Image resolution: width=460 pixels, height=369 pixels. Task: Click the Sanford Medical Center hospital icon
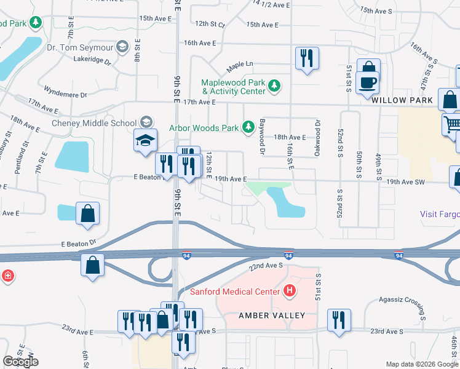pyautogui.click(x=290, y=291)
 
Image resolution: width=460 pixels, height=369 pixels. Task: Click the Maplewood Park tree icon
pyautogui.click(x=275, y=87)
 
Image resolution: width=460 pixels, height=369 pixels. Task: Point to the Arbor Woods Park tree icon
pyautogui.click(x=248, y=128)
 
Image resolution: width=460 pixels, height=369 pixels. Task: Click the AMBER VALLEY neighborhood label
pyautogui.click(x=272, y=315)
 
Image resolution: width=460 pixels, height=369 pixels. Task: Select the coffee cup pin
pyautogui.click(x=367, y=82)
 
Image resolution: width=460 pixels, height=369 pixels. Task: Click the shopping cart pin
pyautogui.click(x=452, y=124)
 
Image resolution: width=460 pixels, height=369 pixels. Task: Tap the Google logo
pyautogui.click(x=20, y=362)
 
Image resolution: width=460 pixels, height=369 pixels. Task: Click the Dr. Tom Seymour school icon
pyautogui.click(x=122, y=46)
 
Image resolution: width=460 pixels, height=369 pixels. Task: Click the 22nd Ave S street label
pyautogui.click(x=266, y=265)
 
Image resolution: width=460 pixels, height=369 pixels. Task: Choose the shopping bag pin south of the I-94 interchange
pyautogui.click(x=92, y=266)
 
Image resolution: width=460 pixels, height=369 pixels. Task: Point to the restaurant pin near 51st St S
pyautogui.click(x=339, y=320)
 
